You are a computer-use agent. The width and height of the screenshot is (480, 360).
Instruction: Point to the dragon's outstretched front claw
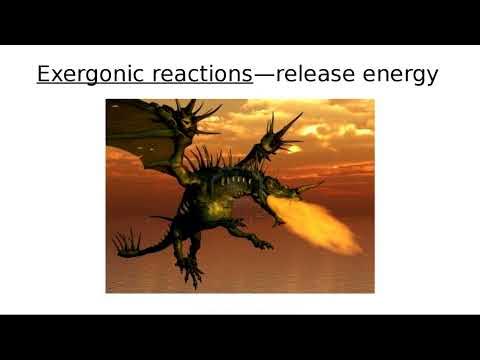(x=276, y=219)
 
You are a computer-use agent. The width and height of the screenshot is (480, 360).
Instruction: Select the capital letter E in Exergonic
(x=43, y=75)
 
